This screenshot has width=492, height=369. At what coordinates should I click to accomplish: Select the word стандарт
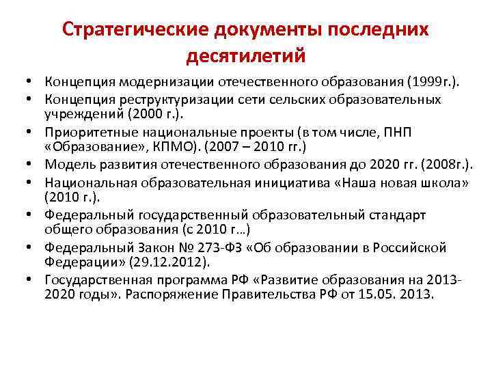400,215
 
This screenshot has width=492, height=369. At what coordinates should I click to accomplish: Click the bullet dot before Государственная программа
31,279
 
